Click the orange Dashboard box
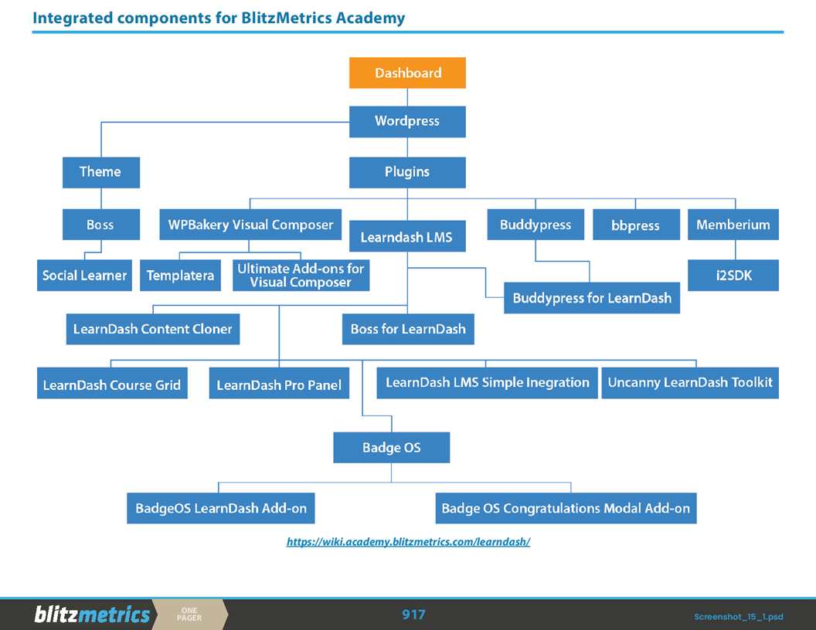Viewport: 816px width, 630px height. [x=407, y=73]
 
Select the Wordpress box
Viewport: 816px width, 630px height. [x=407, y=121]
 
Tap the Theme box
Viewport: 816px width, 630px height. [x=100, y=171]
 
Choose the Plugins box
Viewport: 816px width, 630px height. [x=407, y=172]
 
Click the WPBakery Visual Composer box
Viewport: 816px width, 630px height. [x=250, y=225]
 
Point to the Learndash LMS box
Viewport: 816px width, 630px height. [x=407, y=236]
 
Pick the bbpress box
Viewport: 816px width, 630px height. [x=636, y=225]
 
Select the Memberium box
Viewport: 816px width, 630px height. [x=733, y=225]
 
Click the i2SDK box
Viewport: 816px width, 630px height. [x=733, y=275]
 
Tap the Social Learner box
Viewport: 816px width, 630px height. [x=84, y=275]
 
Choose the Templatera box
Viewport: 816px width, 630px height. [x=180, y=276]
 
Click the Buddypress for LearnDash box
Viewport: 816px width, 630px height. [x=591, y=298]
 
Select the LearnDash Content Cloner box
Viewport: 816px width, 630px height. [x=152, y=329]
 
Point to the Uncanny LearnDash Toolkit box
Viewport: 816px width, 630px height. [x=689, y=383]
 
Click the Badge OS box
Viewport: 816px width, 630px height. [x=391, y=448]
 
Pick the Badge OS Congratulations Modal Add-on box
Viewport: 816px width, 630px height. [x=566, y=509]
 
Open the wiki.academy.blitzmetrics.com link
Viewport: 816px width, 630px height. [x=408, y=542]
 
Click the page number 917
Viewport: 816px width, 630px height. [x=413, y=615]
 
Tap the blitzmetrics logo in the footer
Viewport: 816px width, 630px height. [x=92, y=615]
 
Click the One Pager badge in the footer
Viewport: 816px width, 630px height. [x=189, y=615]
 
